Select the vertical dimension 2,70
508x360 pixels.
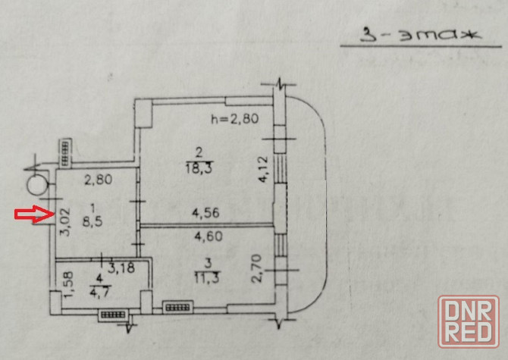coord(258,270)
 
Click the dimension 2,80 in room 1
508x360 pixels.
coord(98,181)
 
